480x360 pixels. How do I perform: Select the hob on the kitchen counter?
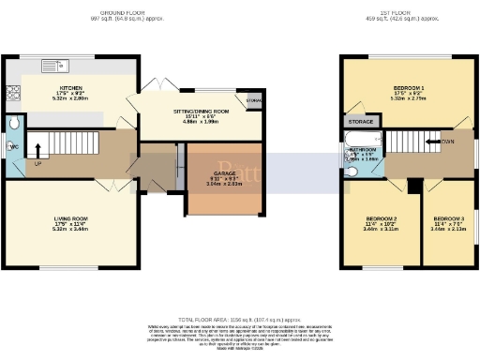click(13, 91)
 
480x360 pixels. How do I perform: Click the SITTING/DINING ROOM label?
click(196, 111)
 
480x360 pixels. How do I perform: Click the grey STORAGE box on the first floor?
click(360, 121)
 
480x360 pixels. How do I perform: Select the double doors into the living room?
click(114, 182)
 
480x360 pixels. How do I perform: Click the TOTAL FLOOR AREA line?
click(239, 320)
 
